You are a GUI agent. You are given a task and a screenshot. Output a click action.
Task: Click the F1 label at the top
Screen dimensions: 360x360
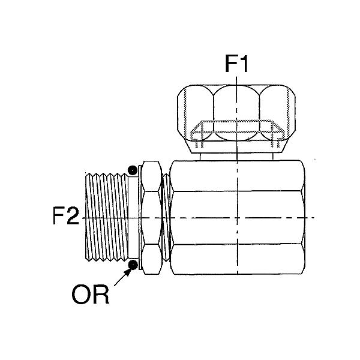236,64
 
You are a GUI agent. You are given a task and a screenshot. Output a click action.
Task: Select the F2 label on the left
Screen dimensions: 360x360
66,216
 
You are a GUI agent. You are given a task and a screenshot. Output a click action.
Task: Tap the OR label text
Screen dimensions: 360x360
90,295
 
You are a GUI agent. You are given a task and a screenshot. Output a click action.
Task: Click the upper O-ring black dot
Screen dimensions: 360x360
133,170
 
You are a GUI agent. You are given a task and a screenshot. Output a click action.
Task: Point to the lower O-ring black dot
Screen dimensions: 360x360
133,265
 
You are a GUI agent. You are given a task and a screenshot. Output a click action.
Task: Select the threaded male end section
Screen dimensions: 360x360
107,217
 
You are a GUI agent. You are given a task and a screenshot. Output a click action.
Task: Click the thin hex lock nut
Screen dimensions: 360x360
151,217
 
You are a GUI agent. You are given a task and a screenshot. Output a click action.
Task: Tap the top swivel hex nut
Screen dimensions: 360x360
236,119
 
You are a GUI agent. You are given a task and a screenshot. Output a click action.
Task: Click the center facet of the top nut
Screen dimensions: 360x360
236,113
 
